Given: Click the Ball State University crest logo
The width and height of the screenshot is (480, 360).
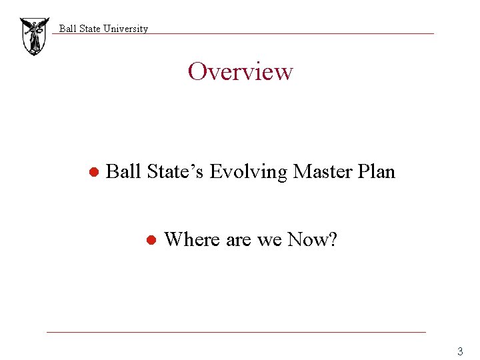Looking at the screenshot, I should [34, 36].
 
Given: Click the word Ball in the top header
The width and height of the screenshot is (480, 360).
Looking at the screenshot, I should [67, 29].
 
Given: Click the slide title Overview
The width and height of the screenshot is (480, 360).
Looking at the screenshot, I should [240, 71].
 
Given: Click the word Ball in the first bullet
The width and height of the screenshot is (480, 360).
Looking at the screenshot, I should [123, 172].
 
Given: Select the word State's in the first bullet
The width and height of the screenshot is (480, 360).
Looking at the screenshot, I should [175, 172].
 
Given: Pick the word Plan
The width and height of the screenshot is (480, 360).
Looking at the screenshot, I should [377, 172].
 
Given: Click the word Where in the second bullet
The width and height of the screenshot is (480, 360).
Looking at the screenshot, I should [192, 239].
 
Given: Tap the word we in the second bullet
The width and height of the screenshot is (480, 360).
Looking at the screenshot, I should [269, 240].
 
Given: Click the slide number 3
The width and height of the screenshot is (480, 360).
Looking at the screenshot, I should [459, 351].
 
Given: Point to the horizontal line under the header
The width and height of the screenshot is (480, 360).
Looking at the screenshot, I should [267, 34].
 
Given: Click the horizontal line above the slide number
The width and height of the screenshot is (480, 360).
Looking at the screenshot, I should [236, 332].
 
